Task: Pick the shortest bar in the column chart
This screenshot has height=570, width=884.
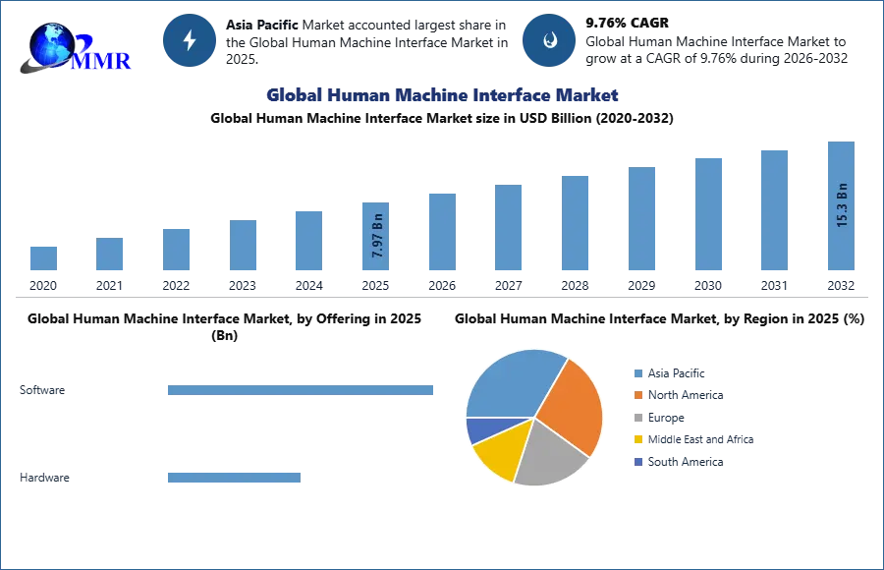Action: click(43, 258)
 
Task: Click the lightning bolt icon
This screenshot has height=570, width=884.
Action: click(191, 40)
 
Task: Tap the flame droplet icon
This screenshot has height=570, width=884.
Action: click(550, 40)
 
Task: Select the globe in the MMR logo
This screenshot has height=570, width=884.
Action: click(51, 44)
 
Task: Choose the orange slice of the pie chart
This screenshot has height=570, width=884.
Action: click(570, 403)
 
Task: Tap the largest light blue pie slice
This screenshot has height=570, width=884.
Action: click(511, 383)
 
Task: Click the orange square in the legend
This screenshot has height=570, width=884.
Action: click(638, 395)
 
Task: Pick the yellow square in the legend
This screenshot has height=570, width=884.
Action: click(638, 440)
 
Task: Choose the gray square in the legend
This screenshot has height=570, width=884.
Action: click(638, 418)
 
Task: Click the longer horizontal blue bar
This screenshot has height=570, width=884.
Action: click(302, 393)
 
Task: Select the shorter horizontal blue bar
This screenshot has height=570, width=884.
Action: click(235, 480)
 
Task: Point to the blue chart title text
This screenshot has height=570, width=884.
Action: click(442, 96)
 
